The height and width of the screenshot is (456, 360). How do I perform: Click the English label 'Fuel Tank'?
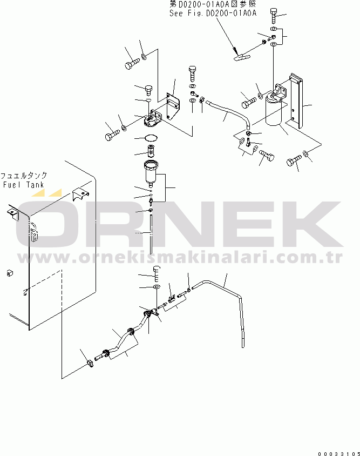pos(23,185)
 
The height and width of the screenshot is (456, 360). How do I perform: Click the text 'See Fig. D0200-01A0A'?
pos(213,13)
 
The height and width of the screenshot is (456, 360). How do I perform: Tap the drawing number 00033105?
pos(338,454)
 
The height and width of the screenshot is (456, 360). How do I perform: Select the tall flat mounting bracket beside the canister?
pos(296,100)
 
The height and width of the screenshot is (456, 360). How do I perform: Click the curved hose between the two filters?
pos(229,111)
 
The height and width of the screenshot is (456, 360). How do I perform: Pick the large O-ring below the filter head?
pos(151,138)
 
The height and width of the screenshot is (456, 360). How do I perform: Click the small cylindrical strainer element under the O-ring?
pos(151,151)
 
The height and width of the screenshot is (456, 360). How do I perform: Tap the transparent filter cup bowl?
pos(151,173)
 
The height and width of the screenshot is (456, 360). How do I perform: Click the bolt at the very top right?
pos(274,16)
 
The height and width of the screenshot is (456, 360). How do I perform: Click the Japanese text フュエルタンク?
pos(24,176)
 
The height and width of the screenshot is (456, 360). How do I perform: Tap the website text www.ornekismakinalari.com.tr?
pos(180,257)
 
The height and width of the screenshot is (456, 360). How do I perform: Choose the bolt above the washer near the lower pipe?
pos(157,274)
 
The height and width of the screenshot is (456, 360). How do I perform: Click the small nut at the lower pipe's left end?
pos(90,363)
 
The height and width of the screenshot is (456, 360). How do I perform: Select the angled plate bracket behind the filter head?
pos(173,106)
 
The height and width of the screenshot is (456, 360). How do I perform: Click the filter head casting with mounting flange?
pos(153,119)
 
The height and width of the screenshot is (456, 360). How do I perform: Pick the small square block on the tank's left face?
pos(10,273)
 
